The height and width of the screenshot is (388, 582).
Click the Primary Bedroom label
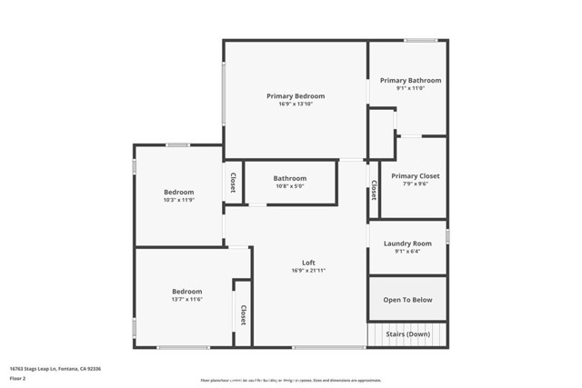pos(295,95)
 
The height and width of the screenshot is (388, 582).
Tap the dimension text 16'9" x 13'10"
pos(295,104)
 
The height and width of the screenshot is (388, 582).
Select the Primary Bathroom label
pos(409,80)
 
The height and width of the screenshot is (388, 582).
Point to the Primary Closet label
pos(415,175)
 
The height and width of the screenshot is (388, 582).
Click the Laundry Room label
pos(407,244)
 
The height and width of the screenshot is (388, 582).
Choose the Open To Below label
pos(407,300)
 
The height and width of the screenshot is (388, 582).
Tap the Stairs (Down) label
pos(407,333)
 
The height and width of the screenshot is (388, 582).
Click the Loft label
pos(308,263)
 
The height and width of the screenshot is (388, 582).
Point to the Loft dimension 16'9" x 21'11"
pos(308,271)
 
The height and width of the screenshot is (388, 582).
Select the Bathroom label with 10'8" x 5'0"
pos(290,178)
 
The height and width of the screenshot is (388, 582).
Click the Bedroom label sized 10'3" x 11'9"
pos(178,192)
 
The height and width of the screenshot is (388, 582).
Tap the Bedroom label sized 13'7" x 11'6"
pos(186,291)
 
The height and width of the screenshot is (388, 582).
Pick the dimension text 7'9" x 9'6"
pos(415,184)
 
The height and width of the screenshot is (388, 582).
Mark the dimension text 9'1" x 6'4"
pos(407,252)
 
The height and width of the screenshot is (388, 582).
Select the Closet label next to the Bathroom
pos(233,183)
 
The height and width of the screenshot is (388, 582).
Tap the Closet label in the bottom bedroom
pos(243,314)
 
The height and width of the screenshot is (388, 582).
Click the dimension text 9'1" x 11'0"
pos(409,88)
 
